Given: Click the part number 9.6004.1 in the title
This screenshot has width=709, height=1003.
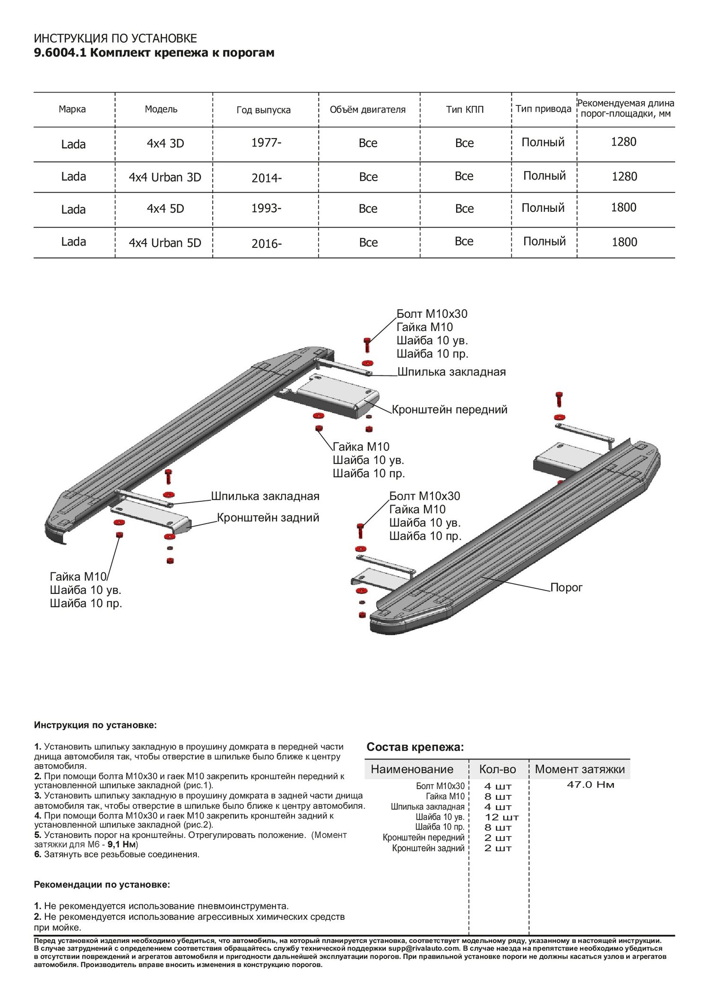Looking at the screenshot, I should pos(60,53).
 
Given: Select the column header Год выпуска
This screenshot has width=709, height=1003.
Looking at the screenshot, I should pos(263,110).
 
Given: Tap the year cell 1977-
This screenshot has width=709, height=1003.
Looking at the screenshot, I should pos(266,143).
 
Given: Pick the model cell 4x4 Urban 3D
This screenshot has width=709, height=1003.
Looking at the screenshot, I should pos(165,177).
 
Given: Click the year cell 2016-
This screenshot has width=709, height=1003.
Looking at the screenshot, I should pos(267,244).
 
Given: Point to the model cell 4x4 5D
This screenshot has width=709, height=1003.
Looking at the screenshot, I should pos(165,209).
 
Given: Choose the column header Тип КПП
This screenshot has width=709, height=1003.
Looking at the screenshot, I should pos(465,110).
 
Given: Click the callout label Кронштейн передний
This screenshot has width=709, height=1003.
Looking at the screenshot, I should pos(450,410).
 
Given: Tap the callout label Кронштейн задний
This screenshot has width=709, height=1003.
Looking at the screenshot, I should pos(268,518).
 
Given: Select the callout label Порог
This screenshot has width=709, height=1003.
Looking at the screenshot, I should pos(566,588).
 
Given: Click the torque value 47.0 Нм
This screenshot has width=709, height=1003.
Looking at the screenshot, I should pos(590,785).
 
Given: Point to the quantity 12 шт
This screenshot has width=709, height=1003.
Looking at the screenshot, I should pos(501,817).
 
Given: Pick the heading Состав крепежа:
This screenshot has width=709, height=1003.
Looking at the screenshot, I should pos(415,747).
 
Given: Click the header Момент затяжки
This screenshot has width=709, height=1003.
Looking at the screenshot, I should pos(579,769).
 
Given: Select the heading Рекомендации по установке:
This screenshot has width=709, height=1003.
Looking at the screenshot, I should pos(102,885).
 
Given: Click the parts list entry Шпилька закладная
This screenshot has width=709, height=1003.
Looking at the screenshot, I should pos(427,807).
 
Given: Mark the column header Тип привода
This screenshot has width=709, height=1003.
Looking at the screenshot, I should pos(543,109).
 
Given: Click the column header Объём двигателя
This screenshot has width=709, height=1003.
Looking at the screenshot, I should pos(368,110).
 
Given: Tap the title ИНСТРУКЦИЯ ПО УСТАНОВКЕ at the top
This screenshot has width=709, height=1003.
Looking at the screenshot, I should pos(115,39).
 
